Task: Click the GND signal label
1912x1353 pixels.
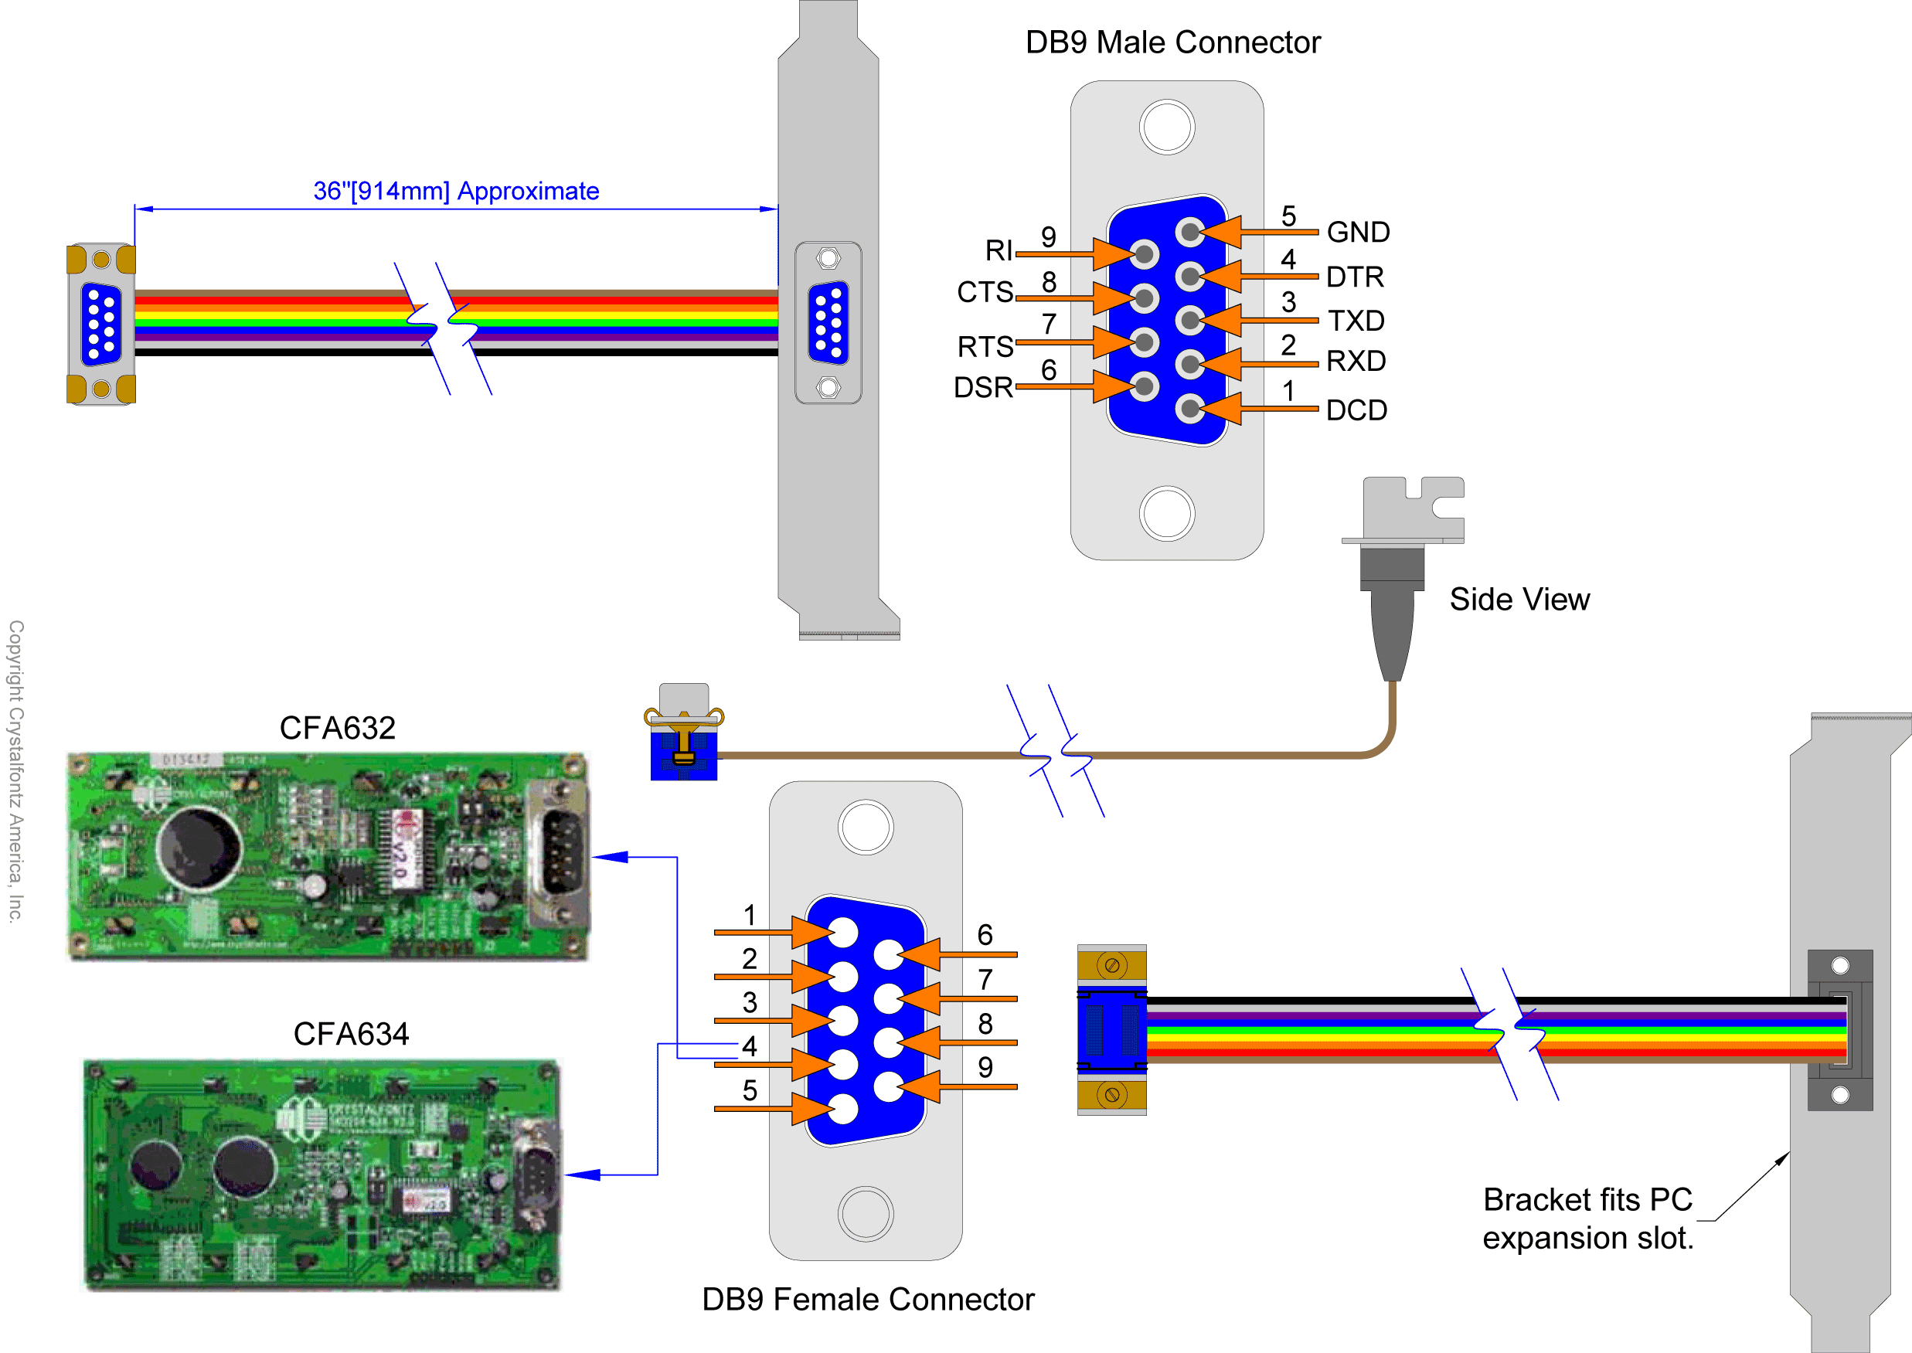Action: (x=1358, y=232)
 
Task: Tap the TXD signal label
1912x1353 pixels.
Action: (x=1356, y=321)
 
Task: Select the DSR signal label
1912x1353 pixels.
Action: (x=983, y=387)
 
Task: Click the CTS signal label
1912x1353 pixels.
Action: (x=985, y=292)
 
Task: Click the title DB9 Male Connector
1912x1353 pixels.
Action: (x=1172, y=42)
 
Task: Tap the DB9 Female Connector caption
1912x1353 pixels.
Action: (x=867, y=1299)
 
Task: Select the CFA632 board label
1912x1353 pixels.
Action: (x=338, y=728)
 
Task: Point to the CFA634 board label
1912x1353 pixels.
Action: (x=351, y=1034)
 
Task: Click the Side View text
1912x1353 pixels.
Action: (x=1519, y=599)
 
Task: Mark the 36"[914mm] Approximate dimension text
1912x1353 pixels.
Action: (x=456, y=192)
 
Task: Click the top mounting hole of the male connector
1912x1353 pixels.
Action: (x=1166, y=127)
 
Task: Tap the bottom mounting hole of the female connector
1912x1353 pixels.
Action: (x=866, y=1214)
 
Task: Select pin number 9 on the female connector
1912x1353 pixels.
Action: (x=985, y=1067)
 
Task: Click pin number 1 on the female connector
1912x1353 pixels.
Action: (x=750, y=915)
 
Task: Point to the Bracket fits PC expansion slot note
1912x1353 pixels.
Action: (x=1587, y=1218)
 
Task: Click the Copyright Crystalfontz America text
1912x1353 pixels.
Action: (x=15, y=770)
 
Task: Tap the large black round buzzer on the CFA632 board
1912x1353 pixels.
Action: (x=200, y=848)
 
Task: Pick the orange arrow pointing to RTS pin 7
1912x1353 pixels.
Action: (x=1075, y=342)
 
